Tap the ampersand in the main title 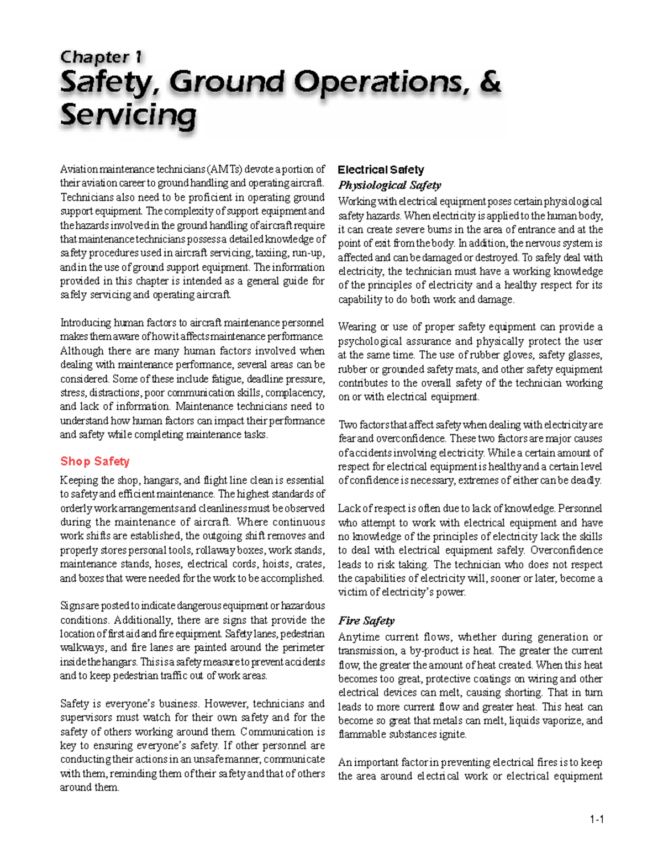(490, 82)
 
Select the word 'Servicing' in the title (128, 115)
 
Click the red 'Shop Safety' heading (94, 461)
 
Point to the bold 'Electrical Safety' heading (381, 170)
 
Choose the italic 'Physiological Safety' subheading (390, 185)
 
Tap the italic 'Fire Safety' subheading (366, 621)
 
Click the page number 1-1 (596, 820)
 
